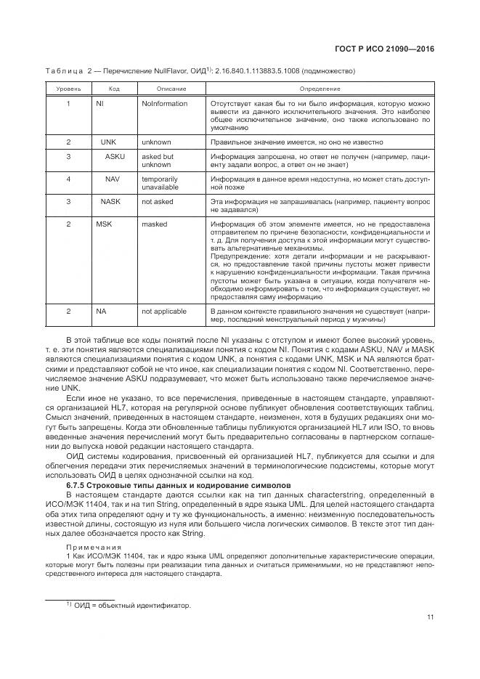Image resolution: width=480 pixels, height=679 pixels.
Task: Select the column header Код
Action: tap(114, 89)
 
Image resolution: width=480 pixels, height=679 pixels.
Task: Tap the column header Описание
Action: tap(171, 89)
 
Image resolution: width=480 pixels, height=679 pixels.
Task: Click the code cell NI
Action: tap(100, 104)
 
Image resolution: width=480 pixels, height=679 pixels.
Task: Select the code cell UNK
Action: tap(107, 142)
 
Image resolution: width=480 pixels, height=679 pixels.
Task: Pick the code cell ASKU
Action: tap(113, 156)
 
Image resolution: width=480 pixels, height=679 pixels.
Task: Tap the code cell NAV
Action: tap(112, 178)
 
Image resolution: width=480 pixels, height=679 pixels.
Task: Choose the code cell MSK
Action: tap(105, 224)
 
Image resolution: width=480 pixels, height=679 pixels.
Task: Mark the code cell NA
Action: tap(101, 311)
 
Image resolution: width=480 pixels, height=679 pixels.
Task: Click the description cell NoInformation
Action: tap(164, 104)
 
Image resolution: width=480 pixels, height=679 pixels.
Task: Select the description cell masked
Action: tap(154, 224)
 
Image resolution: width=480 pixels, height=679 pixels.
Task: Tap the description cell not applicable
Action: tap(165, 311)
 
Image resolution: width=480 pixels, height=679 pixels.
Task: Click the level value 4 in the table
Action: tap(68, 178)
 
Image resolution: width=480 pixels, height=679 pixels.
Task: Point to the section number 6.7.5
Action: tap(78, 484)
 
